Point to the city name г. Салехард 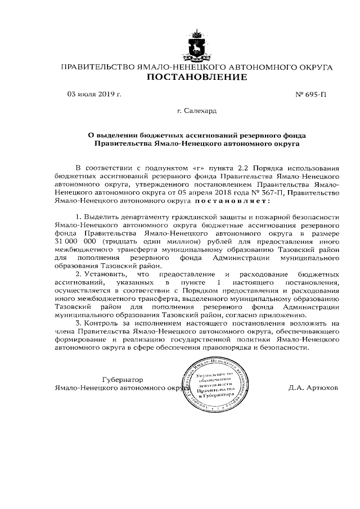(196, 111)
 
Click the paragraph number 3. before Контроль (78, 324)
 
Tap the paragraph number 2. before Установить (78, 274)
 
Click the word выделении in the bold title (119, 135)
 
